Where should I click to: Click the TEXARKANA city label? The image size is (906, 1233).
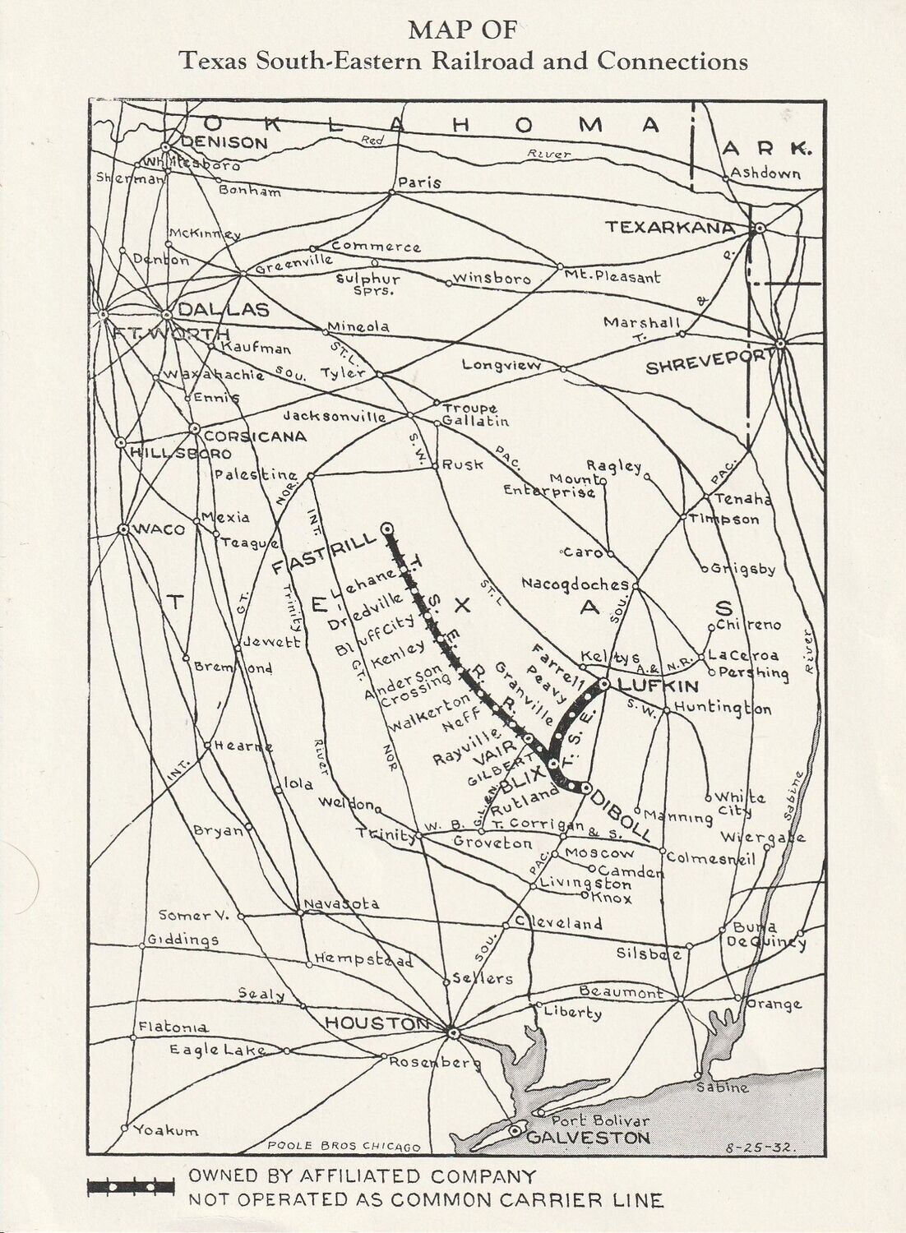[669, 227]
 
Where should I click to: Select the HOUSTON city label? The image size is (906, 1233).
[377, 1023]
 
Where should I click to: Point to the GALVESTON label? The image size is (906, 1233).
[587, 1138]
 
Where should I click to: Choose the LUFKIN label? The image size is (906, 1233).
[658, 686]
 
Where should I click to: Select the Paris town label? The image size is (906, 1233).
[420, 182]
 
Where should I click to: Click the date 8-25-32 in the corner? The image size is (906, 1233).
[758, 1145]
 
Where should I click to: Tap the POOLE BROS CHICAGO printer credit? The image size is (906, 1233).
[344, 1147]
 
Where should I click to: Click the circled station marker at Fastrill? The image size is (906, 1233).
[386, 528]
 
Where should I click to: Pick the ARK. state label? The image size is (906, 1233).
[766, 150]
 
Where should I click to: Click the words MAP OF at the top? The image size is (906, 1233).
[463, 30]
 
